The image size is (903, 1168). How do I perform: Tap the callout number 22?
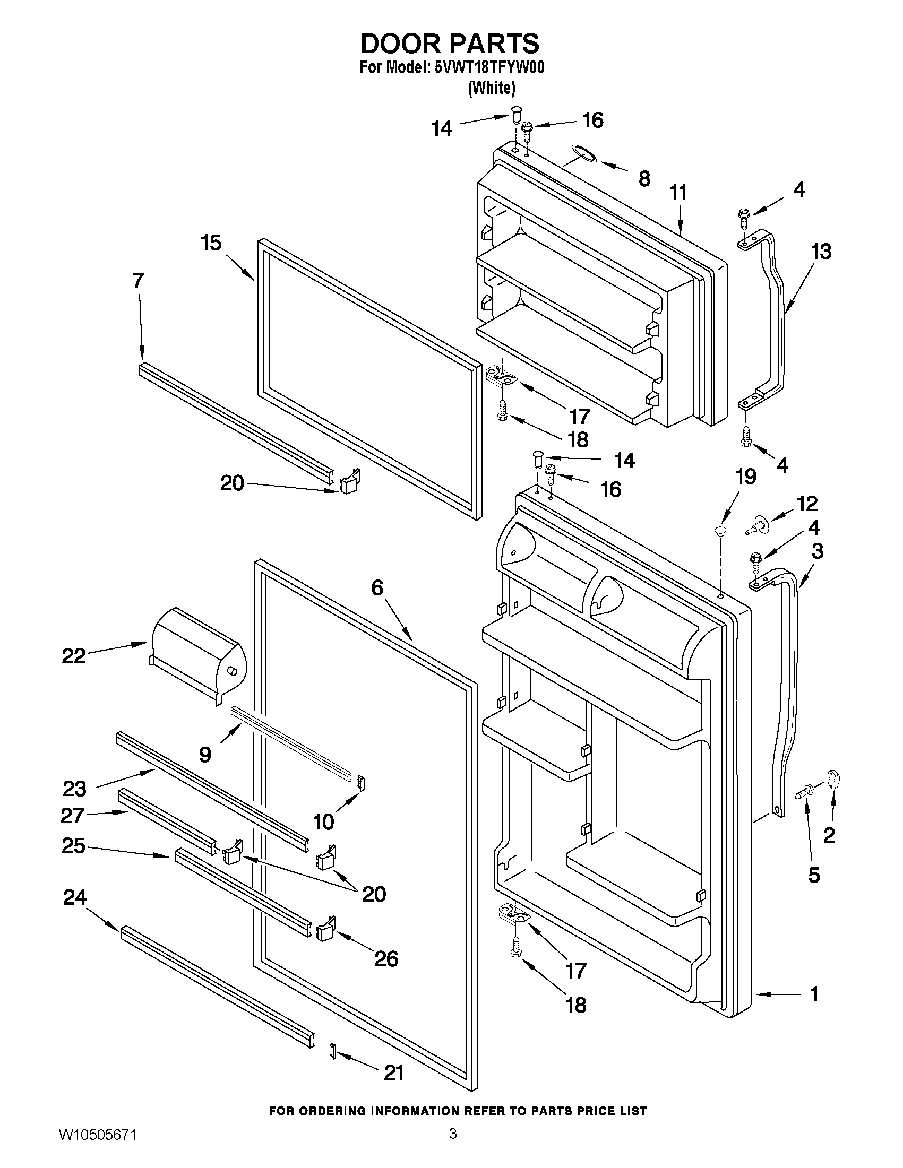[74, 656]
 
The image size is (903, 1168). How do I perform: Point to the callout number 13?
[821, 251]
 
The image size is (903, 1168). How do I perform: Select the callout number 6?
[377, 588]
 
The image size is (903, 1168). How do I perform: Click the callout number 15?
[211, 243]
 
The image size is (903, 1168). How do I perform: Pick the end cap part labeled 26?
[326, 932]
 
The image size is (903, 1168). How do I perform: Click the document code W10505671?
[97, 1147]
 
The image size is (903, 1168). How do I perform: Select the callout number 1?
[814, 994]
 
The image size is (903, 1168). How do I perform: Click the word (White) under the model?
[492, 88]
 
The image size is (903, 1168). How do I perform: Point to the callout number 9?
[205, 755]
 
